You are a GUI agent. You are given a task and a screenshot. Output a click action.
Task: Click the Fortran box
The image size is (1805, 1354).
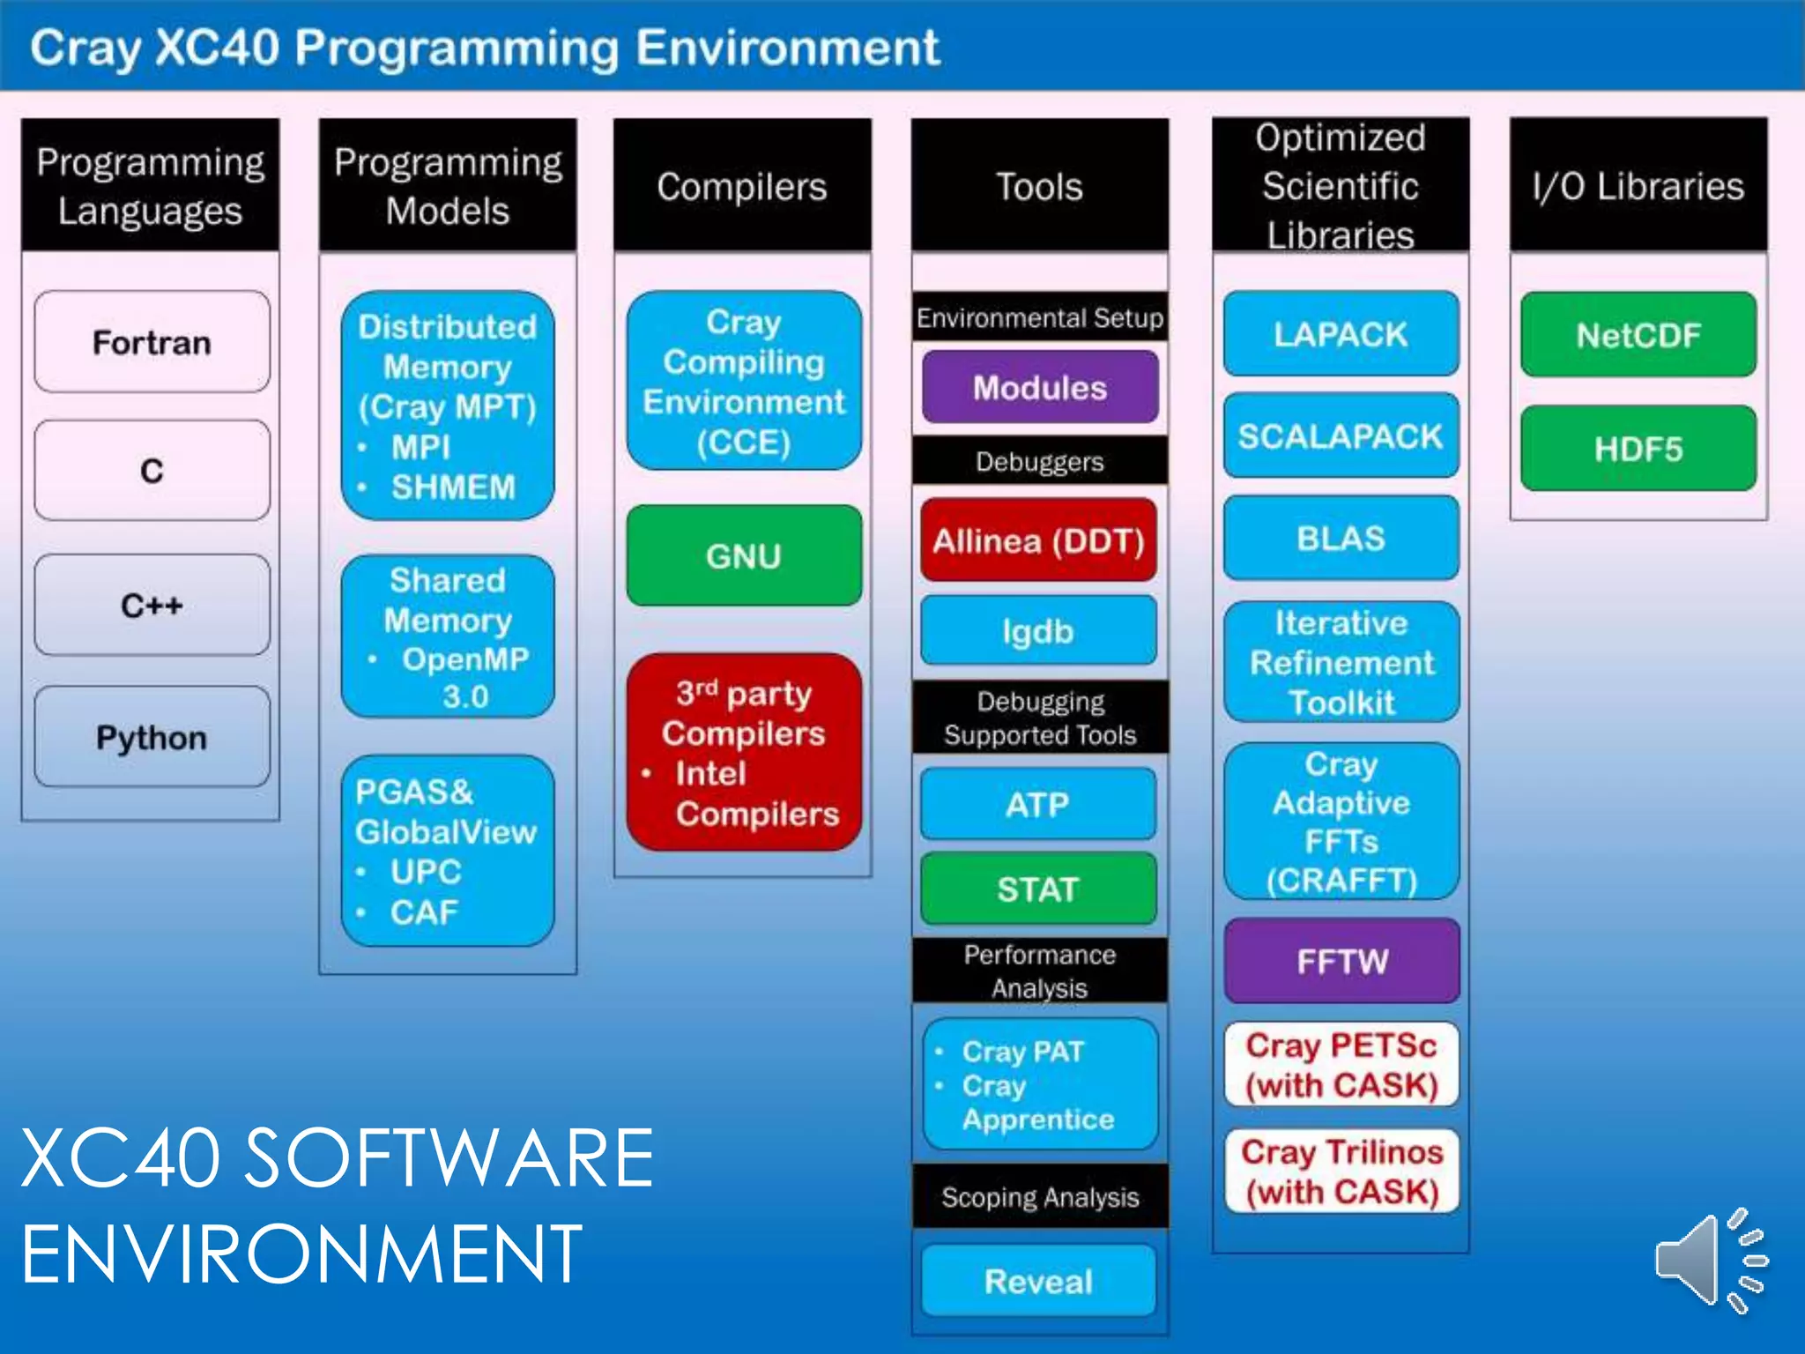click(x=152, y=342)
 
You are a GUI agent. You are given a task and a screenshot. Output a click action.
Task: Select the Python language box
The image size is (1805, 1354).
click(x=152, y=737)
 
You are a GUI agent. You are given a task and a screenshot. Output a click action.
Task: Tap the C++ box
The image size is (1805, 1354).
click(x=152, y=605)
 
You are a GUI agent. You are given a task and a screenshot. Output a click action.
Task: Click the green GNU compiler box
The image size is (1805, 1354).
click(x=743, y=555)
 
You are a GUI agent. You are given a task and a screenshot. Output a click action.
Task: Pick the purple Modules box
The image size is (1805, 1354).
click(x=1039, y=387)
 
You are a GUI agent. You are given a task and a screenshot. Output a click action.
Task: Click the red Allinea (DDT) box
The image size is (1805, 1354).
click(x=1038, y=539)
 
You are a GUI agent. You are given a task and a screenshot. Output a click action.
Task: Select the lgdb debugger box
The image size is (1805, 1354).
click(x=1038, y=630)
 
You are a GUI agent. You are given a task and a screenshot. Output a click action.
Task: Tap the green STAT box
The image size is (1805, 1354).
click(x=1038, y=889)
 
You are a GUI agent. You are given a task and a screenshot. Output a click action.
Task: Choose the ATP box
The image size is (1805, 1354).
click(x=1038, y=804)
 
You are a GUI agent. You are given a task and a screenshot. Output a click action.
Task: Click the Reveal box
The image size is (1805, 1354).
click(x=1038, y=1281)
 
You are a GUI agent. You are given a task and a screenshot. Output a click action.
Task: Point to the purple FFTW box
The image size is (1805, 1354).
click(x=1341, y=960)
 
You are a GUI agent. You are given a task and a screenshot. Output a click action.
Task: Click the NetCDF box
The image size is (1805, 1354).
click(x=1638, y=335)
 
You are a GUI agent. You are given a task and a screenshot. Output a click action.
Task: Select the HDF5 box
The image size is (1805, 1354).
click(x=1638, y=449)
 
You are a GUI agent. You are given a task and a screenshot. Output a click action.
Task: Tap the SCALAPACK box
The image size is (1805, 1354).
click(x=1341, y=435)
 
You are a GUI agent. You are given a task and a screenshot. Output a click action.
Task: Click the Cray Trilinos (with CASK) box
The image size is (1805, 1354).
click(x=1341, y=1172)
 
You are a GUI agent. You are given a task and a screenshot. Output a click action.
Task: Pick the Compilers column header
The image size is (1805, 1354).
click(x=742, y=186)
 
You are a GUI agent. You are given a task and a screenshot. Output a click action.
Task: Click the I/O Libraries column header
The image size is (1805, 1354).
click(x=1638, y=186)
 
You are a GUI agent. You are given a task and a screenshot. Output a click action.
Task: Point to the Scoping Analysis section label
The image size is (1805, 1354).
click(x=1040, y=1196)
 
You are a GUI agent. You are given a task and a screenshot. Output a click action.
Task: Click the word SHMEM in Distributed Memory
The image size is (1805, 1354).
click(x=453, y=487)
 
